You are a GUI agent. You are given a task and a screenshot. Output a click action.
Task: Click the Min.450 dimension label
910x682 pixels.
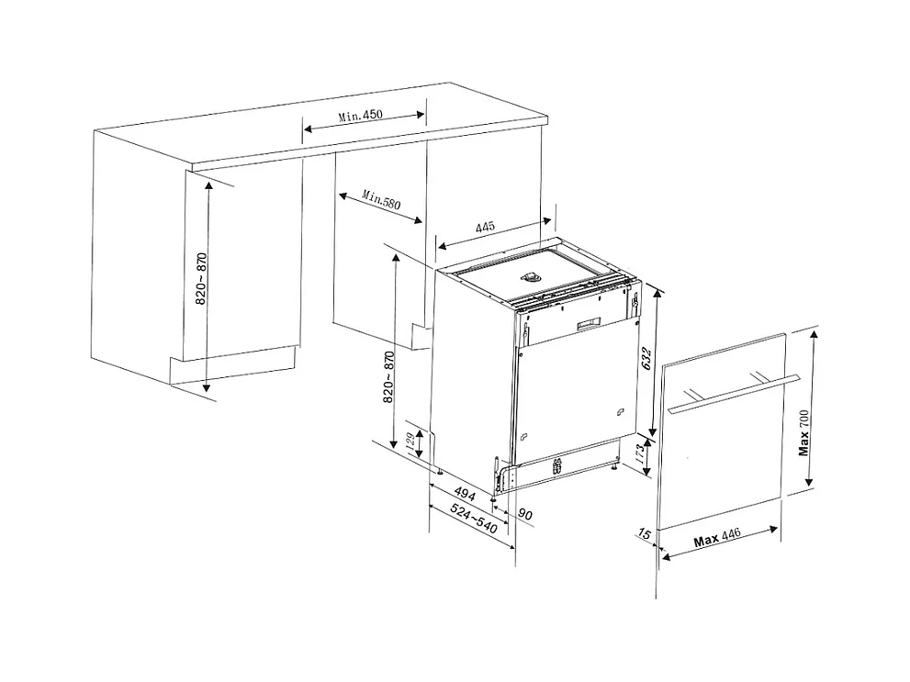coord(360,115)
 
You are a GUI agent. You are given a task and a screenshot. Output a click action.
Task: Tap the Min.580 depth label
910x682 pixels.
coord(381,199)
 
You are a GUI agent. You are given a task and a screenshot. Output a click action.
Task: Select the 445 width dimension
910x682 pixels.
coord(485,227)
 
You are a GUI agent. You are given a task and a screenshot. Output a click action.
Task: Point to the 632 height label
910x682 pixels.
coord(647,359)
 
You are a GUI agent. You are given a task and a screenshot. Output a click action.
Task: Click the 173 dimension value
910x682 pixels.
coord(639,452)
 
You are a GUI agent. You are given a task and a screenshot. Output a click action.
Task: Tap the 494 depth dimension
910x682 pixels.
coord(465,493)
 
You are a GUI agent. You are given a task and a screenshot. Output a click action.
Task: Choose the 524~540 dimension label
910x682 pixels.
coord(474,519)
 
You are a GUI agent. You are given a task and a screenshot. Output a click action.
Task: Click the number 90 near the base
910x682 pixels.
coord(525,514)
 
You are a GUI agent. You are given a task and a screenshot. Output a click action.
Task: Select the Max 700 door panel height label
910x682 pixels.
coord(803,432)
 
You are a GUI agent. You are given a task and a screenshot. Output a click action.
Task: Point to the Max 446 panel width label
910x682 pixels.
coord(717,538)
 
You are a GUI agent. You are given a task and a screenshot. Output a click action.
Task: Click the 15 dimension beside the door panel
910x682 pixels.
coord(645,533)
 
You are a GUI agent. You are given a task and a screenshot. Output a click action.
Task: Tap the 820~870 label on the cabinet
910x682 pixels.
coord(201,278)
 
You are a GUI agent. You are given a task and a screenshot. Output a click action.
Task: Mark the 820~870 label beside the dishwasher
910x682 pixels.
coord(388,377)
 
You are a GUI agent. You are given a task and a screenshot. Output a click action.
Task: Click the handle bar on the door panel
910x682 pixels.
coord(734,395)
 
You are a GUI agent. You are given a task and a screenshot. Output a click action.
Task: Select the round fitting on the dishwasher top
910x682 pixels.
coord(531,277)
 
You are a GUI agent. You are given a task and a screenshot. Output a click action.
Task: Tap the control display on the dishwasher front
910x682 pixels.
coord(589,324)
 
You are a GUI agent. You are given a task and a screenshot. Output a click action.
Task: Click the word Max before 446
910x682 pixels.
coord(706,541)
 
